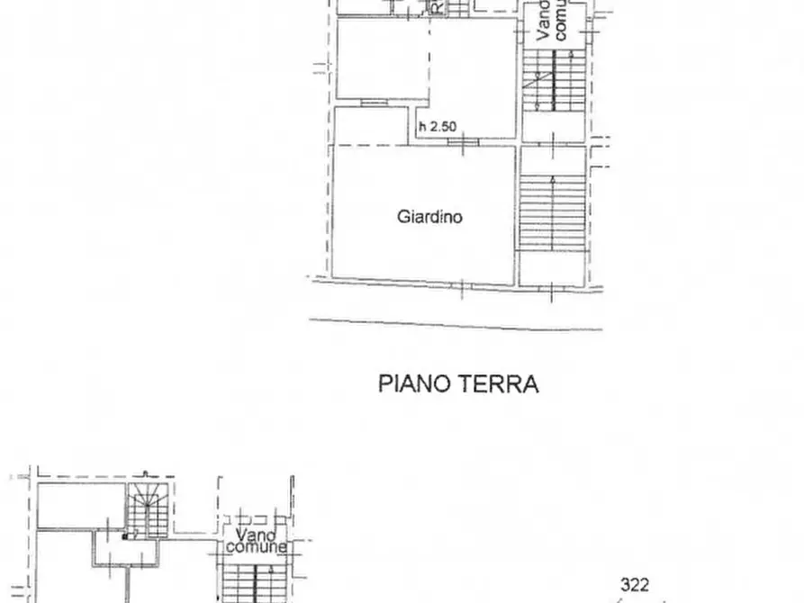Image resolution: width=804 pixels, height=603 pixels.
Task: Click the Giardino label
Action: [x=430, y=217]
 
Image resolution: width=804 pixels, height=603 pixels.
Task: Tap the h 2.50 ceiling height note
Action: [x=437, y=127]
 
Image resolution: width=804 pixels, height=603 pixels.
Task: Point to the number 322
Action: [x=635, y=586]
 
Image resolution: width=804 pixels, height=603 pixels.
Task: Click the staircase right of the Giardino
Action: [x=552, y=212]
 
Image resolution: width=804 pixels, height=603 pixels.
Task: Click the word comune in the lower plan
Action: [x=257, y=547]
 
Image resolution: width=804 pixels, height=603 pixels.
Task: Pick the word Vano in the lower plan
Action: [x=245, y=535]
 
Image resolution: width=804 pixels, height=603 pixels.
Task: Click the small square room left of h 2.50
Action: [x=374, y=125]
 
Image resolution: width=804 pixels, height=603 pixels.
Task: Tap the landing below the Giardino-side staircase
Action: [x=552, y=268]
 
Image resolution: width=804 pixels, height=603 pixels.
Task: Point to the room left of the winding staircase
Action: [x=79, y=508]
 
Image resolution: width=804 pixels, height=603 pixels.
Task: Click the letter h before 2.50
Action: [x=422, y=127]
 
